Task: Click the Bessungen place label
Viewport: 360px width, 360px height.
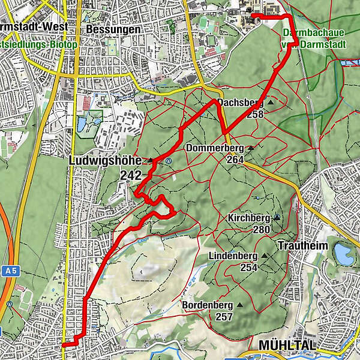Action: [113, 29]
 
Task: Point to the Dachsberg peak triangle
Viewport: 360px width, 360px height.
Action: [270, 103]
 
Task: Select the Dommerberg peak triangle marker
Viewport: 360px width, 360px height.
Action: [250, 148]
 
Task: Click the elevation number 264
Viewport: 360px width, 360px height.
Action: [235, 160]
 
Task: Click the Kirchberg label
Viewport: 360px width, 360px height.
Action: [249, 217]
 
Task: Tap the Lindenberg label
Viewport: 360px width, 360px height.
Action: [232, 256]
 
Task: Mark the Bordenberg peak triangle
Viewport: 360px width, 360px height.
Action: [240, 304]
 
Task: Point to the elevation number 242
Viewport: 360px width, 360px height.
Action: [130, 175]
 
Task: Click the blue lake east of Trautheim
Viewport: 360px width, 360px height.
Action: [344, 254]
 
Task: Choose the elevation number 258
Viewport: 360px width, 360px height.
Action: [254, 114]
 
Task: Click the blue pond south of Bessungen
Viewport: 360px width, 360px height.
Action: [81, 124]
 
